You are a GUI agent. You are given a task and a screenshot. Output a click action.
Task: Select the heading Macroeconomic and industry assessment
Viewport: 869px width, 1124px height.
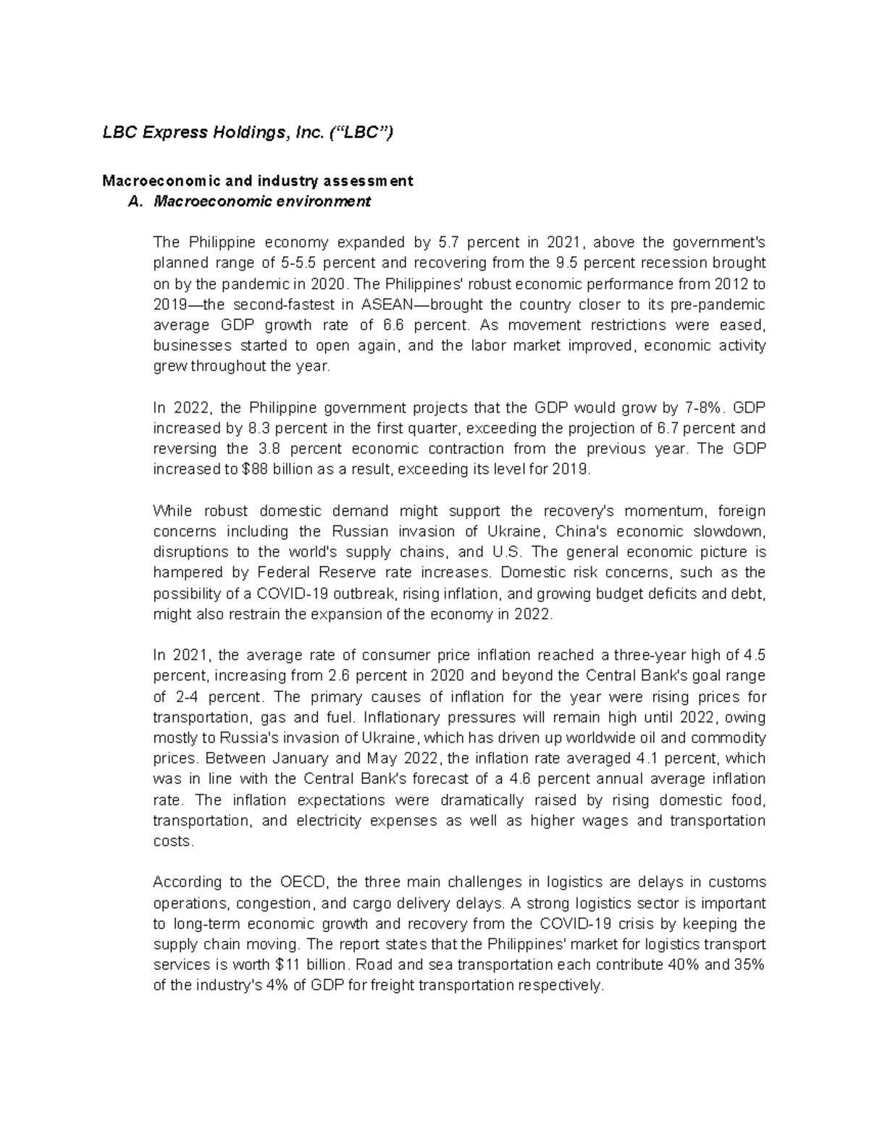point(257,181)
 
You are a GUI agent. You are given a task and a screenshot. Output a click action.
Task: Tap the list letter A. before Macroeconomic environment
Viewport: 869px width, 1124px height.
point(133,202)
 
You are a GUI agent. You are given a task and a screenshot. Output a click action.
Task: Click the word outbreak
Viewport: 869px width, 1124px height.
point(369,593)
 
